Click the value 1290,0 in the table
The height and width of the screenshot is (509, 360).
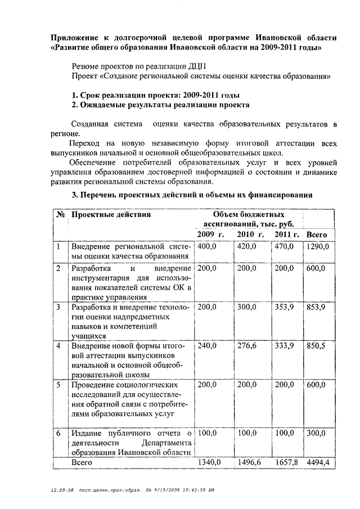317,246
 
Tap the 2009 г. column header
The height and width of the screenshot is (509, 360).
210,234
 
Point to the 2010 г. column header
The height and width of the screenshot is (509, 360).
250,234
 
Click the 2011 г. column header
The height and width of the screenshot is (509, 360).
287,234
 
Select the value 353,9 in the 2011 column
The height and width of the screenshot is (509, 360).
284,307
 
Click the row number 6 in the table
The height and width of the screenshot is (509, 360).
58,433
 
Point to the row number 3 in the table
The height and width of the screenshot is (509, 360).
58,307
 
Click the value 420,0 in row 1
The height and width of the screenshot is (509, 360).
246,246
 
